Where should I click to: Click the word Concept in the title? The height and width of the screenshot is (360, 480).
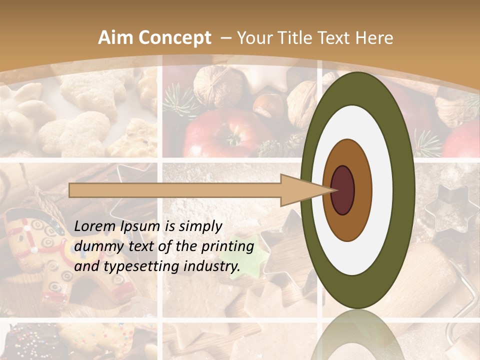[175, 38]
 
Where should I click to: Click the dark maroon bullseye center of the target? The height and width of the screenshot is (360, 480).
[342, 190]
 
